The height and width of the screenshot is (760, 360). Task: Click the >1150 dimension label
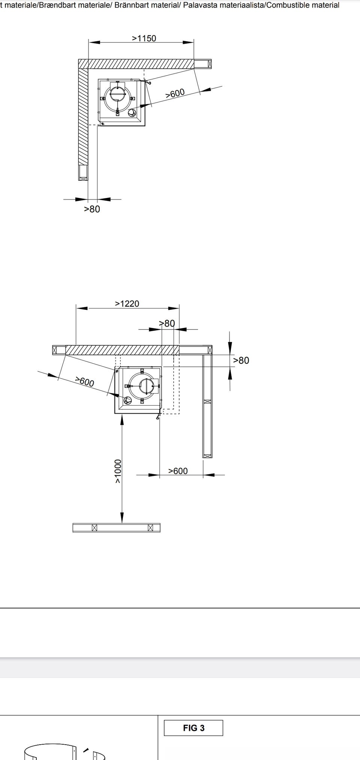(x=144, y=38)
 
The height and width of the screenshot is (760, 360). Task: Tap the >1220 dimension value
(x=127, y=304)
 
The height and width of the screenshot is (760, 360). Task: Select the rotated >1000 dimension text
(x=118, y=471)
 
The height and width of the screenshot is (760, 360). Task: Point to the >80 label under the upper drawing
(x=92, y=209)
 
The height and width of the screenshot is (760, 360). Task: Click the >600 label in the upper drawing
(x=175, y=93)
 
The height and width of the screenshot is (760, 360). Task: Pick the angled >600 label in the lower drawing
(x=85, y=382)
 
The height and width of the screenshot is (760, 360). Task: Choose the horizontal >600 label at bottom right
(x=178, y=471)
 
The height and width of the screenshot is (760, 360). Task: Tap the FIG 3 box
(x=193, y=728)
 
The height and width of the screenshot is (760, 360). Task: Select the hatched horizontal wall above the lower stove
(x=122, y=350)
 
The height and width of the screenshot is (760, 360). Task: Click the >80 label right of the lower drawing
(x=241, y=360)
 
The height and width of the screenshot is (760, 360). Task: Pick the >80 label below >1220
(x=167, y=323)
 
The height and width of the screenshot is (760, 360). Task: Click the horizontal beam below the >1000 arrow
(x=116, y=528)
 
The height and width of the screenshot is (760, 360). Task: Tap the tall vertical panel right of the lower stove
(x=207, y=406)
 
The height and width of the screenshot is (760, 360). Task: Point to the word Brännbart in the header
(x=133, y=5)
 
